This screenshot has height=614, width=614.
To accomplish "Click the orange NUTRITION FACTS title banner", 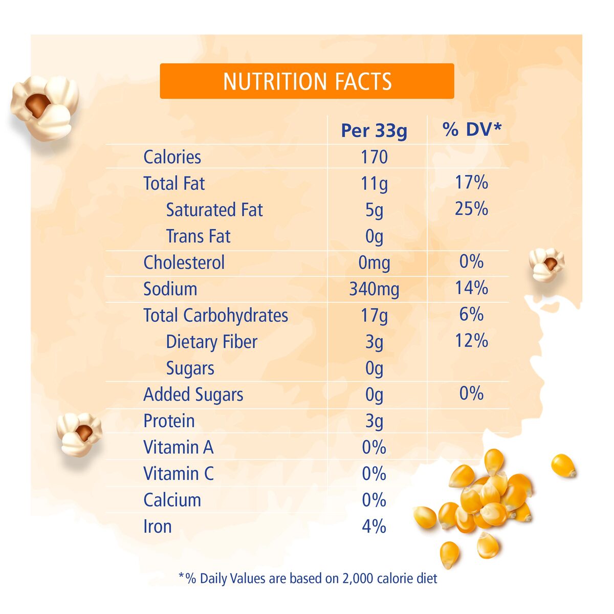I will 307,81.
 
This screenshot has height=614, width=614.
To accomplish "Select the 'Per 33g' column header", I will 374,130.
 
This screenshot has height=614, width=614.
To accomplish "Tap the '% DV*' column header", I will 472,129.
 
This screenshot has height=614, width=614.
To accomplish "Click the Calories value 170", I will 374,157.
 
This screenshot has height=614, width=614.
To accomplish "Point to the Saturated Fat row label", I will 214,210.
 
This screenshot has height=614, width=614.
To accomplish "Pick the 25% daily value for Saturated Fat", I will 471,209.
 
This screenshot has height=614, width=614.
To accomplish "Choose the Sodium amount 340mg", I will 374,289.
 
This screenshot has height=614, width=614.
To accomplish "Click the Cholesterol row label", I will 184,262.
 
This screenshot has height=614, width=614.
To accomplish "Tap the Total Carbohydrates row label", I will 215,315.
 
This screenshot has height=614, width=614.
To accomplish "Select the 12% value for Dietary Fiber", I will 471,341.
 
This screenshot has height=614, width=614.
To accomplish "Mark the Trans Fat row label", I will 198,236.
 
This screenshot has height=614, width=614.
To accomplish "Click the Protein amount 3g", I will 374,421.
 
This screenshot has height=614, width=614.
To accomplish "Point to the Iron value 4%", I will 374,527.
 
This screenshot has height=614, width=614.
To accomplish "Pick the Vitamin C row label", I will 178,474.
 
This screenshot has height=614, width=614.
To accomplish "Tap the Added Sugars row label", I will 193,394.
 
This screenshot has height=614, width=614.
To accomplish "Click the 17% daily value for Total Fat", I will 471,183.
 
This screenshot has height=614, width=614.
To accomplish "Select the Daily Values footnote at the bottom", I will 308,579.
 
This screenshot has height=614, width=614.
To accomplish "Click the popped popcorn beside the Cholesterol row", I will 546,265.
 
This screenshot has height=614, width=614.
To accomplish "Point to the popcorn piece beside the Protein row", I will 79,434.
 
